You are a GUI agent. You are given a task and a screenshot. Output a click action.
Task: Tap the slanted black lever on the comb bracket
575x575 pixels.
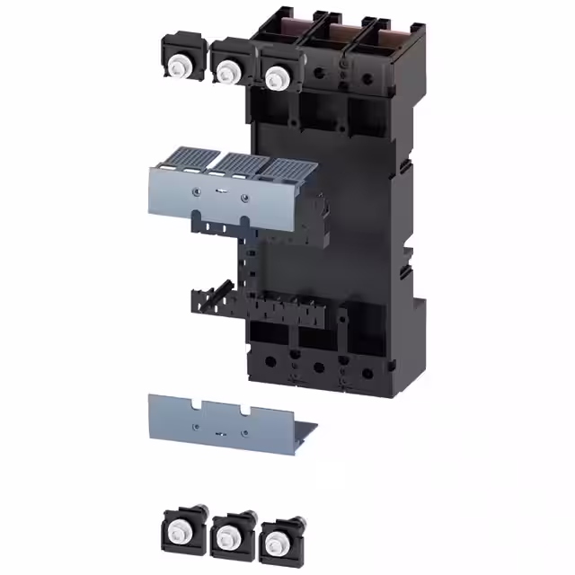[x=343, y=320]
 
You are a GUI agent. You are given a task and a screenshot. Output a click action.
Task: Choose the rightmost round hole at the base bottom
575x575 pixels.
[x=367, y=371]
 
